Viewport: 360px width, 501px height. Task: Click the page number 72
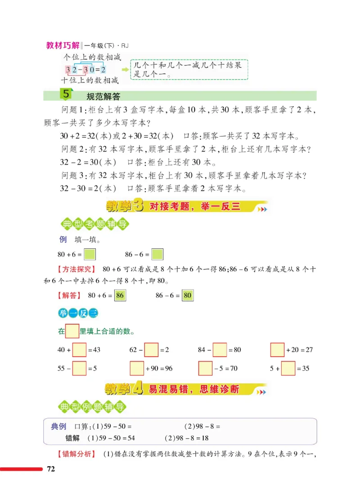(51, 470)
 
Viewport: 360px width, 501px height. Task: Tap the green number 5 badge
(66, 95)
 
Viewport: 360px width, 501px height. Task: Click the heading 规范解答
(105, 96)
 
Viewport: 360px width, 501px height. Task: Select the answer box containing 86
(120, 295)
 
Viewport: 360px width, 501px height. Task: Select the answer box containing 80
(188, 295)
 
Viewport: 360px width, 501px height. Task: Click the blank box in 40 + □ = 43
(79, 349)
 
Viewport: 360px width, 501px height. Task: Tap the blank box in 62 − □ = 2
(152, 349)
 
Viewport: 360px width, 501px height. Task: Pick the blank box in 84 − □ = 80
(220, 349)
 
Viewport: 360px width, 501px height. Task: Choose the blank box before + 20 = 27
(278, 349)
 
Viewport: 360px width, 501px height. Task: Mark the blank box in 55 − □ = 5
(79, 369)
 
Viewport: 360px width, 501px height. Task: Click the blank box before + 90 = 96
(137, 369)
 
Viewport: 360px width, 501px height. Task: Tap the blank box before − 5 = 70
(205, 369)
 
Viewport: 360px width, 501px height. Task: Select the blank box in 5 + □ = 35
(288, 369)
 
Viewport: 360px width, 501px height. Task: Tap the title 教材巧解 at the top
(63, 46)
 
